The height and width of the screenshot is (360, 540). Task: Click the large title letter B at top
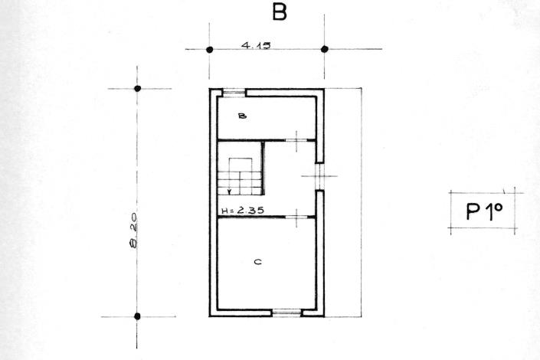[x=279, y=13]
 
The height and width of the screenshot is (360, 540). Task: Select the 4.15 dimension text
[x=257, y=45]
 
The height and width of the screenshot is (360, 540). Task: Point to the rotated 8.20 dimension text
[x=134, y=233]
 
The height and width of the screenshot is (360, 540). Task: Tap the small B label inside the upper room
[x=241, y=116]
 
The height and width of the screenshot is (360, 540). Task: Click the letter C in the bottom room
[x=258, y=263]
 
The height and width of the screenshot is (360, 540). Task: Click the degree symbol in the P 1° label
[x=497, y=207]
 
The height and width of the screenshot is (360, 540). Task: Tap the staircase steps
[x=241, y=177]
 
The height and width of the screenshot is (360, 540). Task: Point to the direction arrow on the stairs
[x=229, y=189]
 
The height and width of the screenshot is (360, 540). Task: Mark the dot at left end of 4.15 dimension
[x=209, y=49]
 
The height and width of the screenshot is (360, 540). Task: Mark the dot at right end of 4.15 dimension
[x=325, y=49]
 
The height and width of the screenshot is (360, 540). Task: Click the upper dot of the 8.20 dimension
[x=138, y=89]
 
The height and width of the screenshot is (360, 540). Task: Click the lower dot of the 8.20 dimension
[x=138, y=316]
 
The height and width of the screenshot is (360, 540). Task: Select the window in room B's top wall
[x=234, y=93]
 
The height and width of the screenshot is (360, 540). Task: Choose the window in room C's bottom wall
[x=286, y=312]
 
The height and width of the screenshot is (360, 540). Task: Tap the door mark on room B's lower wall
[x=296, y=141]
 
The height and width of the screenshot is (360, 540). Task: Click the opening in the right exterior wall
[x=319, y=177]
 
